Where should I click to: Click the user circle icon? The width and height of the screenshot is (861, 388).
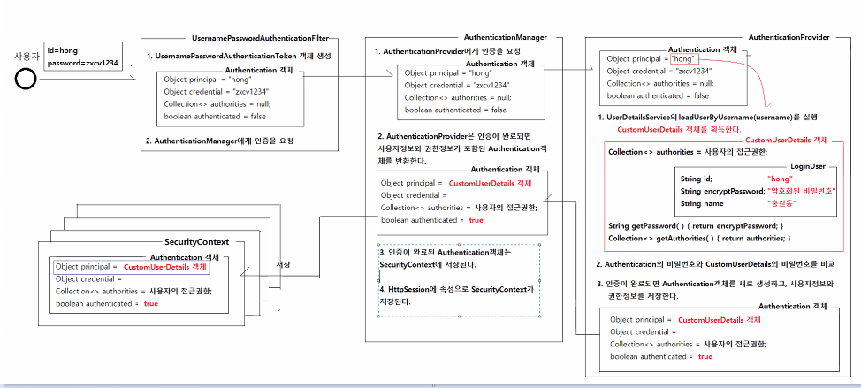tap(26, 80)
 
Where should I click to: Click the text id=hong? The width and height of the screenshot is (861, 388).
tap(63, 51)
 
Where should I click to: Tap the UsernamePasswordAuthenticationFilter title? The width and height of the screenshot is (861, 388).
tap(260, 39)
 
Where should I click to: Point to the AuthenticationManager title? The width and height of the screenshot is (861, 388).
tap(506, 38)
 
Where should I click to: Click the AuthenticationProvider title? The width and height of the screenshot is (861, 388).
tap(789, 38)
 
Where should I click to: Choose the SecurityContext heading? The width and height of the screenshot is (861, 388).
tap(197, 241)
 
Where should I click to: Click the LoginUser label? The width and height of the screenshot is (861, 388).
tap(807, 165)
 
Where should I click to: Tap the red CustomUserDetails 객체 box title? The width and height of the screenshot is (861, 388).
tap(787, 140)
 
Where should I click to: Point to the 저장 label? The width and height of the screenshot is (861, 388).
tap(283, 264)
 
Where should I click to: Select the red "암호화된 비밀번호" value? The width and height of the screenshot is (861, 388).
tap(803, 191)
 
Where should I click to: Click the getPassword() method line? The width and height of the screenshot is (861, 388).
tap(696, 226)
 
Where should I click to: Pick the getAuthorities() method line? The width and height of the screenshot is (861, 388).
tap(698, 239)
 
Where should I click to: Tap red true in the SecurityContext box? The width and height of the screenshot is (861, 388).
tap(150, 303)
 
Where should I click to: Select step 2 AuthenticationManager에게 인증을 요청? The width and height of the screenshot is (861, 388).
tap(219, 141)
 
